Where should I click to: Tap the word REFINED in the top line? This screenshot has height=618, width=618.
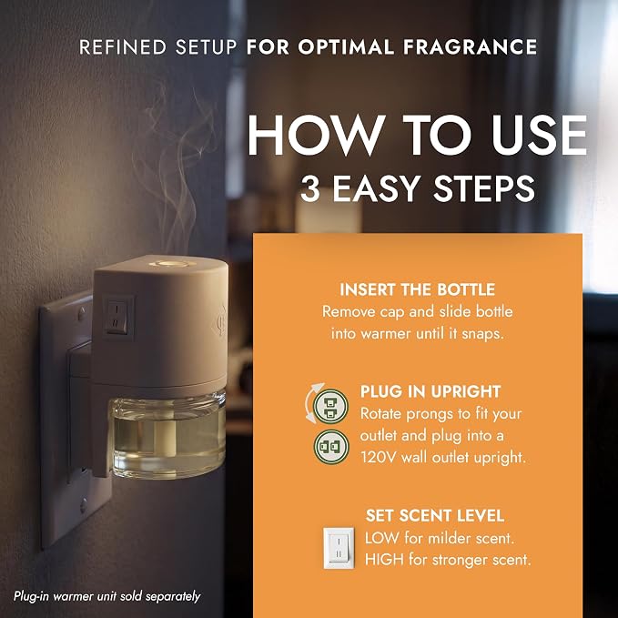[123, 47]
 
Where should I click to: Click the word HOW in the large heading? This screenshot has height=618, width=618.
[316, 135]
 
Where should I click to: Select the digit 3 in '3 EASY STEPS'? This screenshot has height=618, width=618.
[309, 188]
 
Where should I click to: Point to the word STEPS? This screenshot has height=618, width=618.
[484, 188]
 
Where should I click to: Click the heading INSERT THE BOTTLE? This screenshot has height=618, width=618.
[418, 289]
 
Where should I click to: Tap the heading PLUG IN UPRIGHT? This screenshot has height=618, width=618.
[431, 391]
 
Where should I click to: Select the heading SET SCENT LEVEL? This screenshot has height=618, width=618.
[435, 515]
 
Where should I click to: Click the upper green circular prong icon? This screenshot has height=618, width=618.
[330, 406]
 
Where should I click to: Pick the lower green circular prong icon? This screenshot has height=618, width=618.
[331, 447]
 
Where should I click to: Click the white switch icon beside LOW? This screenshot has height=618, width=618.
[339, 548]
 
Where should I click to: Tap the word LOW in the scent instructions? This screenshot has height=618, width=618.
[381, 538]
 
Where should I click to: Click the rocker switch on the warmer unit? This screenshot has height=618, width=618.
[117, 317]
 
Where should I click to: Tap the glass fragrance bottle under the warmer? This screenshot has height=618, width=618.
[167, 433]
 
